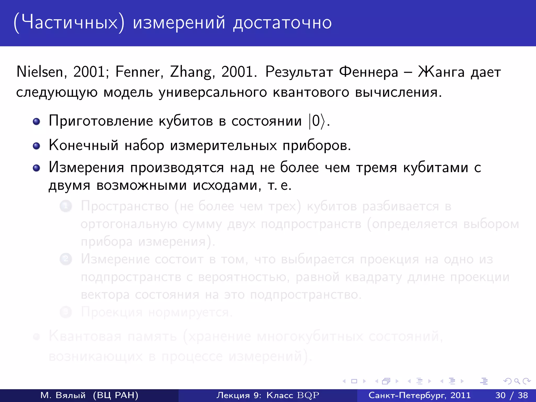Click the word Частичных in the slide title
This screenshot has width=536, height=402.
click(x=69, y=23)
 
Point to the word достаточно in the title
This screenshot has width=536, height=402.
click(x=282, y=23)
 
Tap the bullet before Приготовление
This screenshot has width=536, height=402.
click(x=36, y=121)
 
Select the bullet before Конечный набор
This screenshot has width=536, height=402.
click(x=36, y=146)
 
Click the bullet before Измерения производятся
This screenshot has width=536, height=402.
click(x=36, y=168)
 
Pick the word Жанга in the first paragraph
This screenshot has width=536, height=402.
click(x=441, y=72)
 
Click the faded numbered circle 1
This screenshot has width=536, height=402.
click(x=66, y=206)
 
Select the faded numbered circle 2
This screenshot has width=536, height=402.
click(x=66, y=259)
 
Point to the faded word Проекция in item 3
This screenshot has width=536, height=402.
click(x=112, y=312)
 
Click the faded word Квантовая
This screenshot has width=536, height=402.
click(x=85, y=336)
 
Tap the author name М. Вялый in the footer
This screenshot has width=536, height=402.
click(x=63, y=395)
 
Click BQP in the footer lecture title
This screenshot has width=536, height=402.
click(x=308, y=395)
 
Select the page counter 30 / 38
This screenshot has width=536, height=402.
click(x=511, y=395)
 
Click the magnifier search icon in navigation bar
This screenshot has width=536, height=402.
click(x=517, y=381)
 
